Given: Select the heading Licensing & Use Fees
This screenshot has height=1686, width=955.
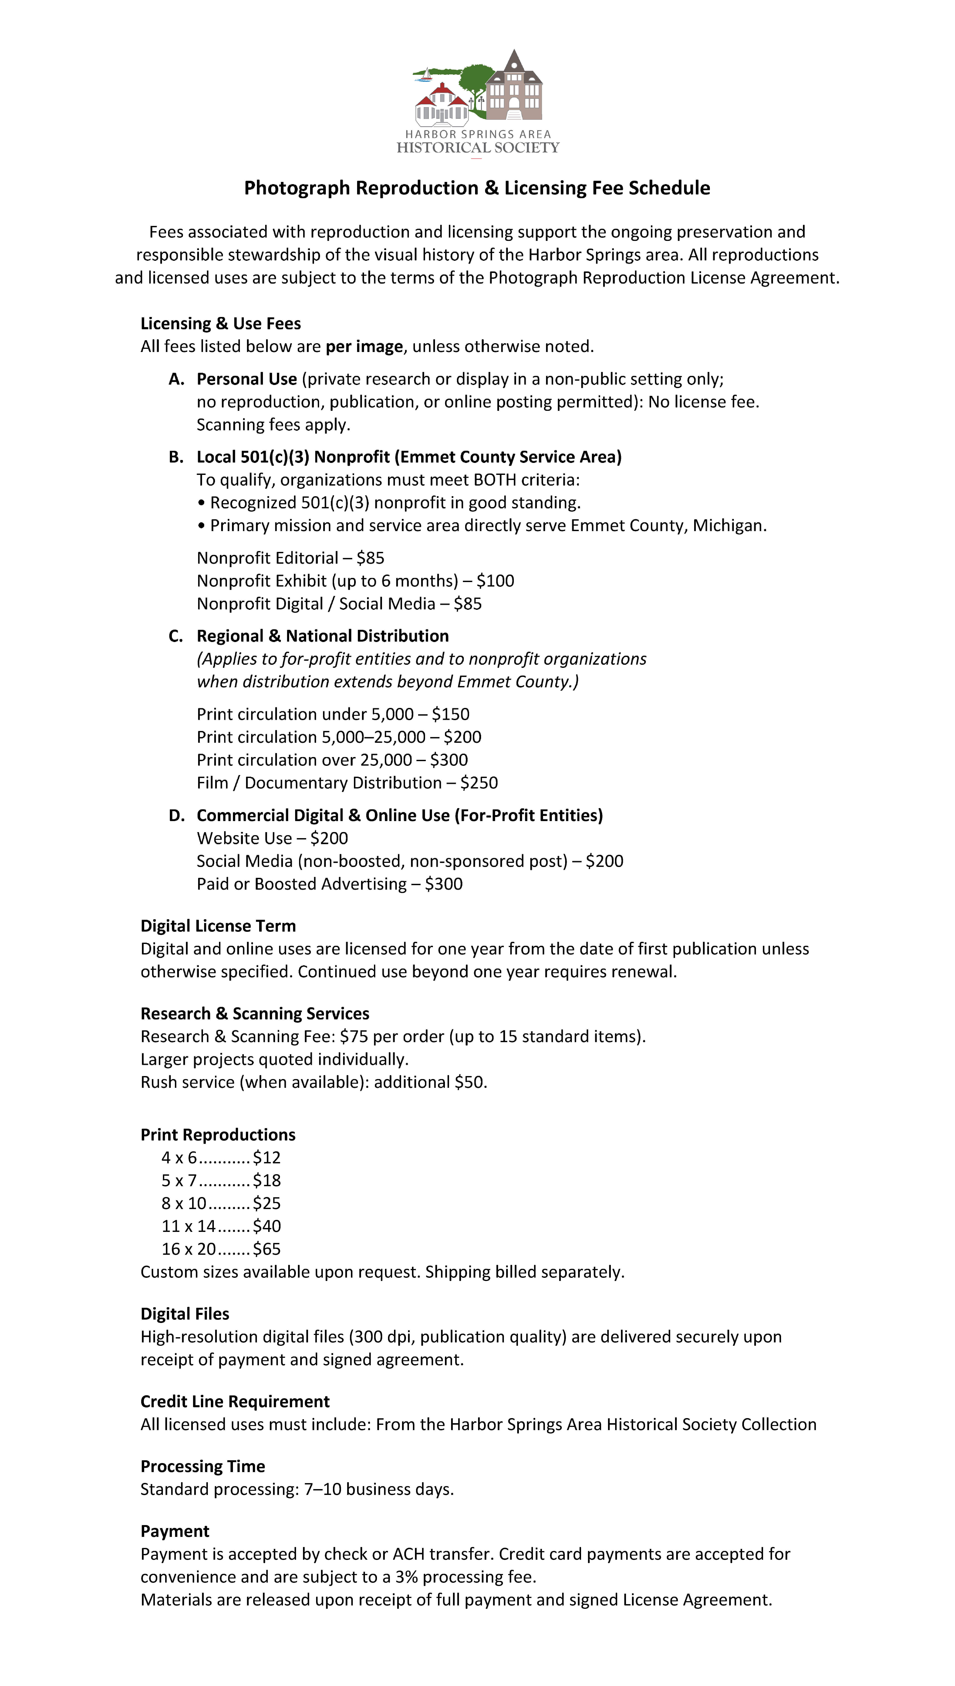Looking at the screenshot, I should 220,323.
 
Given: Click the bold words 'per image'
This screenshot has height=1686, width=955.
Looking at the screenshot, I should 364,346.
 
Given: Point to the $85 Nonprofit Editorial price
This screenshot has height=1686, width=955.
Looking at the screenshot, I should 371,558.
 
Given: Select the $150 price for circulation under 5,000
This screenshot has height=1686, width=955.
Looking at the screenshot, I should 451,714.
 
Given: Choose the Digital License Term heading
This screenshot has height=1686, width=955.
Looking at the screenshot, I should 218,926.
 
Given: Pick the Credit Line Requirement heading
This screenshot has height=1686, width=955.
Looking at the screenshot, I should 235,1401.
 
